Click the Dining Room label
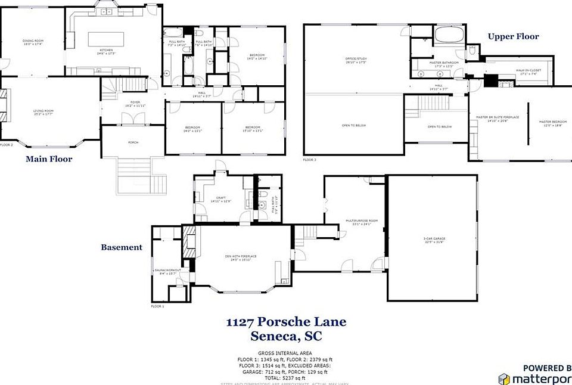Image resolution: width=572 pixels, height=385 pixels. click(33, 42)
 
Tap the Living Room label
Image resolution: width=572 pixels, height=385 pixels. click(43, 111)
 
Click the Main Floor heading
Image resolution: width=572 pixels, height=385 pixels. click(49, 159)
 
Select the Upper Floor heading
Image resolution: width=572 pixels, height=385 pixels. click(513, 36)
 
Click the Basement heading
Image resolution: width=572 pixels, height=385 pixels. click(122, 247)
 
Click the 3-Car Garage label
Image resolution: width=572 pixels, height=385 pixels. click(434, 240)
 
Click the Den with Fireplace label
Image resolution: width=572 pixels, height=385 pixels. click(241, 257)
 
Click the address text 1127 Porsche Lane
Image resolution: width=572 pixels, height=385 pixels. click(286, 322)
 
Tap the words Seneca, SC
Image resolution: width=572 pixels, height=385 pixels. click(286, 337)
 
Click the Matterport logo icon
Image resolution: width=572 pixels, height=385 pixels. click(504, 378)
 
